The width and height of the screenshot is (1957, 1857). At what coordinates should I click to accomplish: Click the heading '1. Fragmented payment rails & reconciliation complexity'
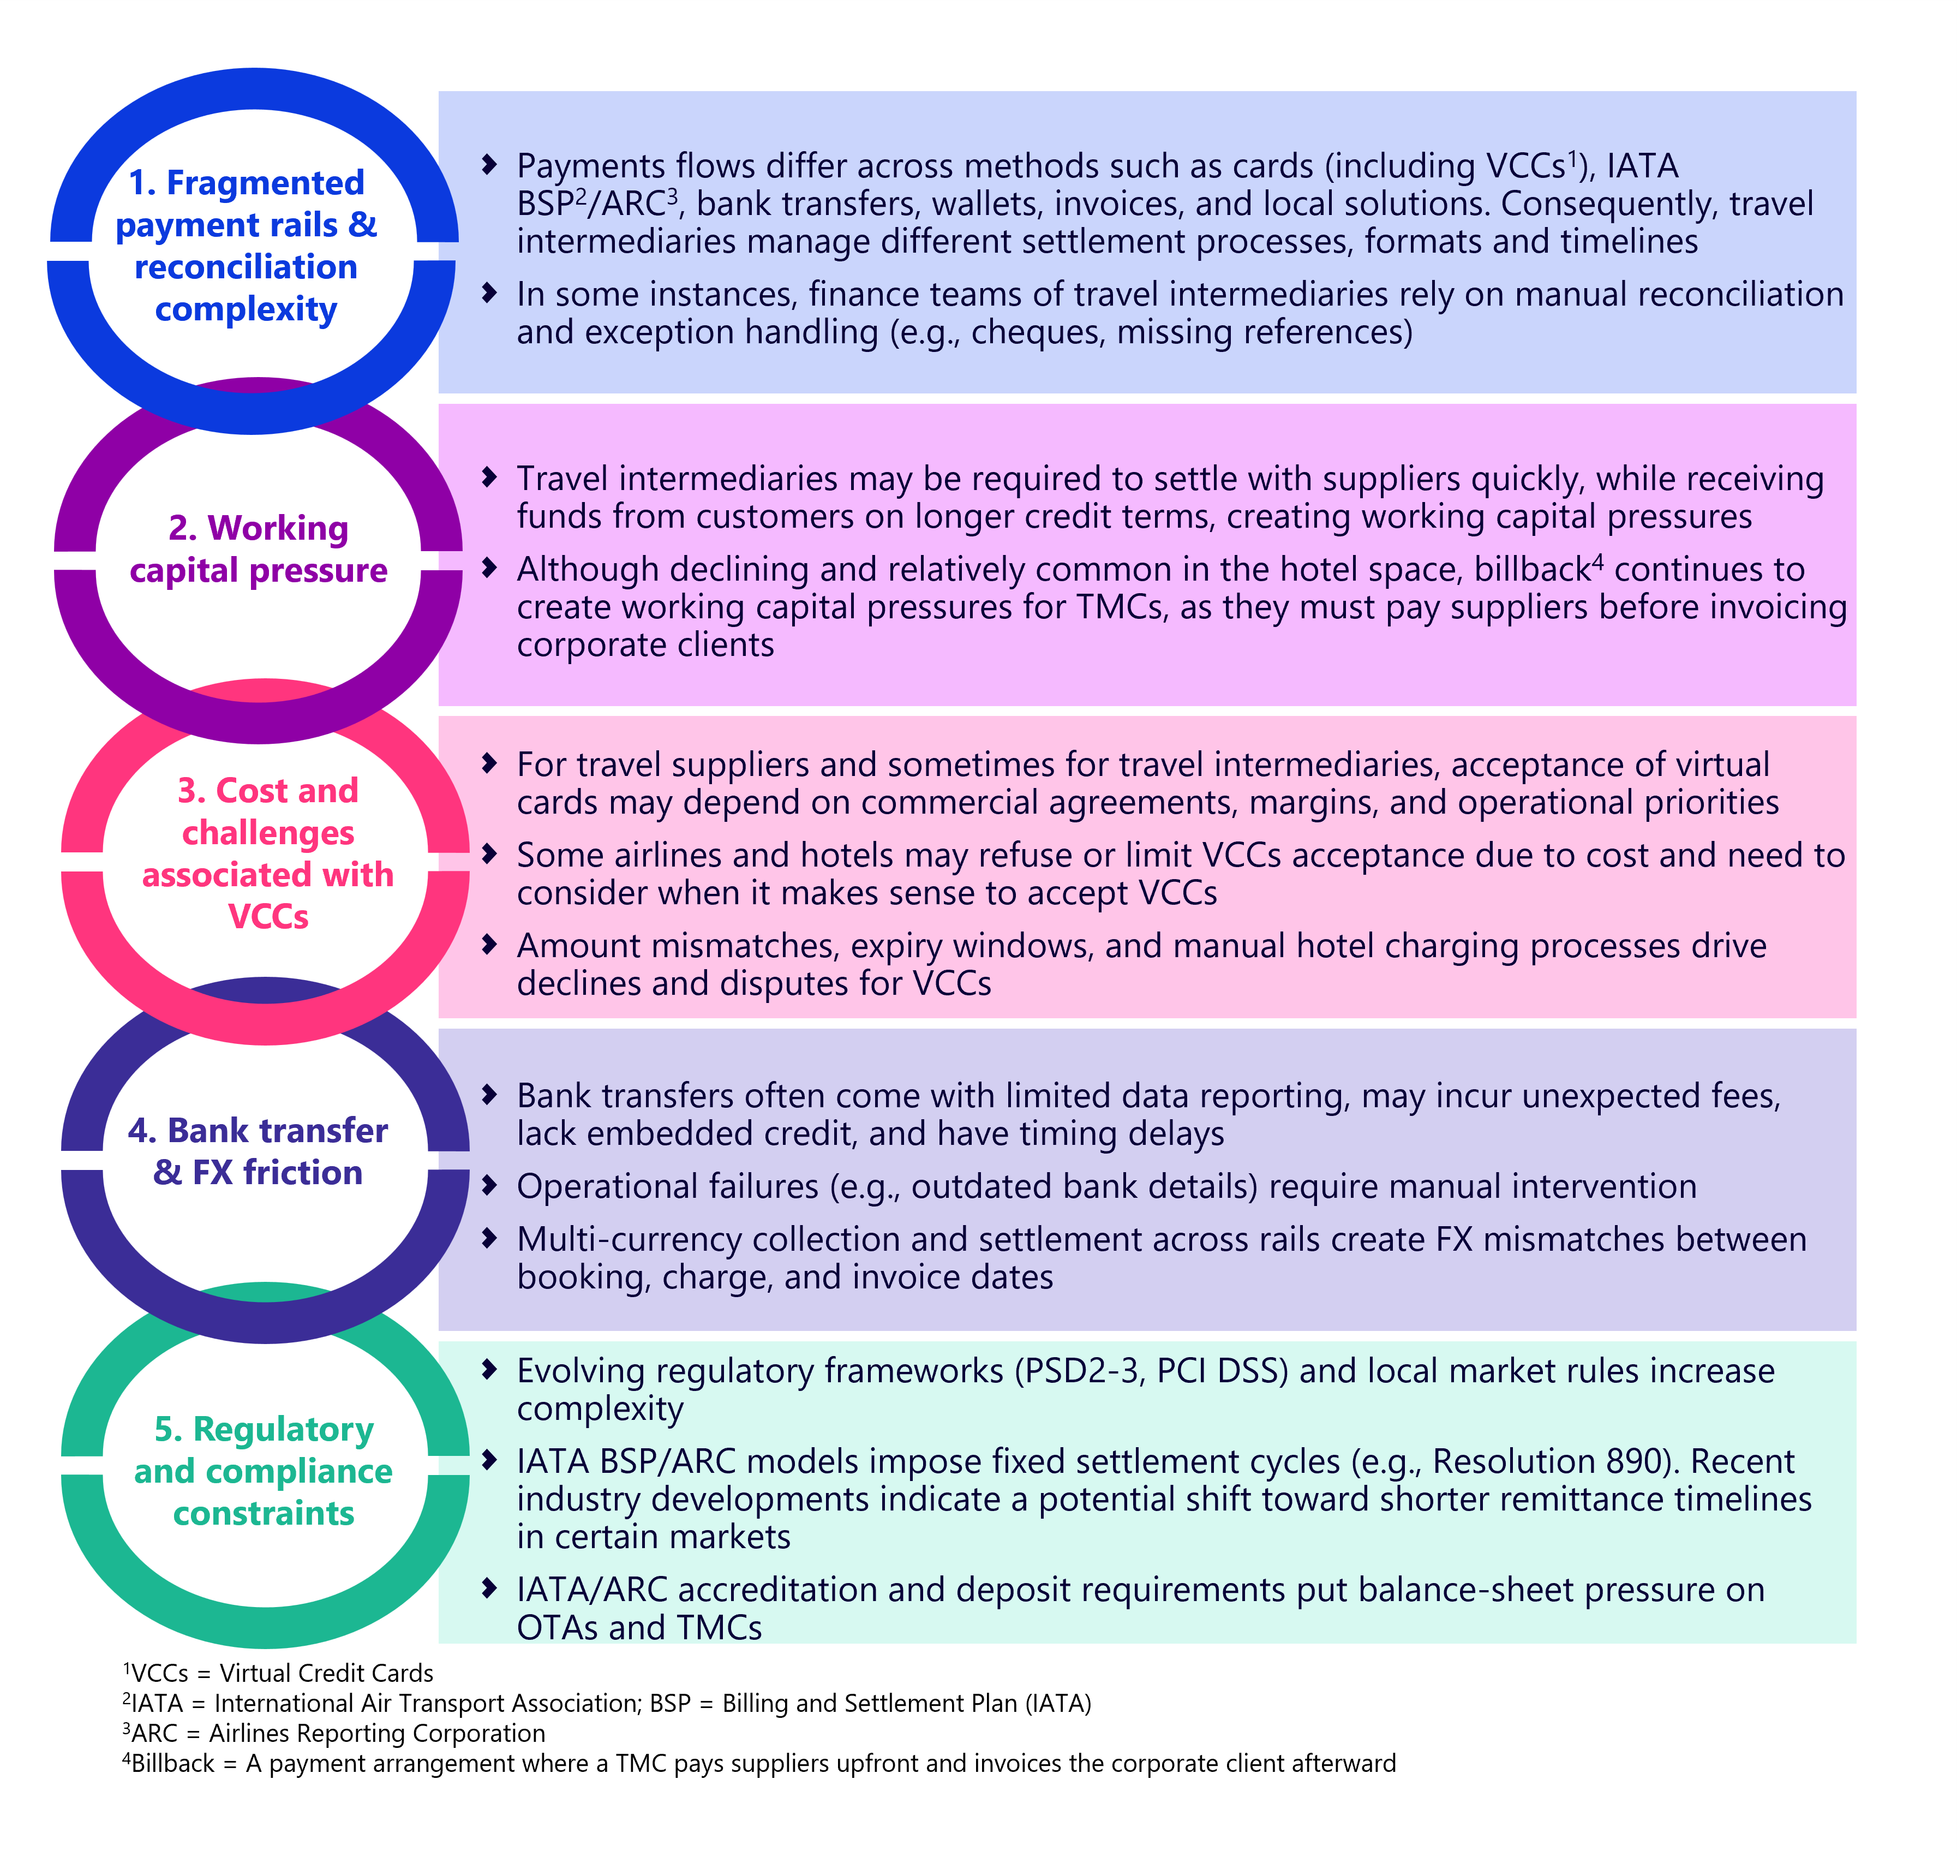coord(247,246)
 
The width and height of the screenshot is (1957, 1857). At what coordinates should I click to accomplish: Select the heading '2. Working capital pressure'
coord(259,550)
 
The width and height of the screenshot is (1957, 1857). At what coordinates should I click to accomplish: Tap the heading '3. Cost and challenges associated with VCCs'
coord(267,853)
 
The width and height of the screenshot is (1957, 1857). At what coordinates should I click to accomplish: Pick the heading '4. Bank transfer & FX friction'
coord(259,1151)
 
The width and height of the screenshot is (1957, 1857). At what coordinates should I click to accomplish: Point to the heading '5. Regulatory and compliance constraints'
coord(264,1471)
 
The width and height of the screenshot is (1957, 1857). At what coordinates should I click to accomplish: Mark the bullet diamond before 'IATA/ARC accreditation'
coord(489,1589)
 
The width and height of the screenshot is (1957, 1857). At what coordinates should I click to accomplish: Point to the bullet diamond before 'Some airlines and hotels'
coord(489,853)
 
